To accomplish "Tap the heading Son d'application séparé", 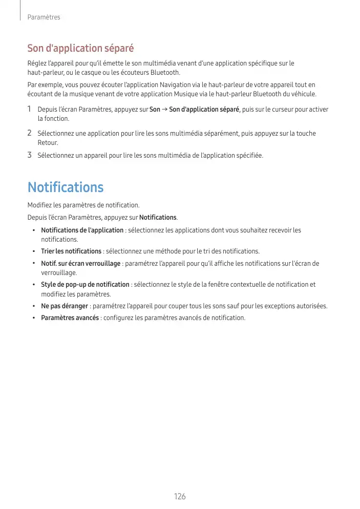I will click(80, 49).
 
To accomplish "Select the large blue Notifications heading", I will click(66, 187).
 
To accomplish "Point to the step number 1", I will click(30, 109).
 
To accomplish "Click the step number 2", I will click(30, 133).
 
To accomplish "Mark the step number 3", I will click(30, 155).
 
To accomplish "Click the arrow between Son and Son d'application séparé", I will click(164, 110).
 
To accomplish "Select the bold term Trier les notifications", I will click(71, 251).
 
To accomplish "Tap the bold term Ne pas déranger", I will click(65, 306).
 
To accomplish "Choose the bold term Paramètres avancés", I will click(70, 317).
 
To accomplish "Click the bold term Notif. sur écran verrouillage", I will click(80, 263).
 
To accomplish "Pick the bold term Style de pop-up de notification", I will click(85, 284).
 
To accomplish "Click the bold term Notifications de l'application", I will click(82, 230).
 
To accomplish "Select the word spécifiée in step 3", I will click(249, 155).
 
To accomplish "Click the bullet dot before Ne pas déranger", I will click(34, 306).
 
